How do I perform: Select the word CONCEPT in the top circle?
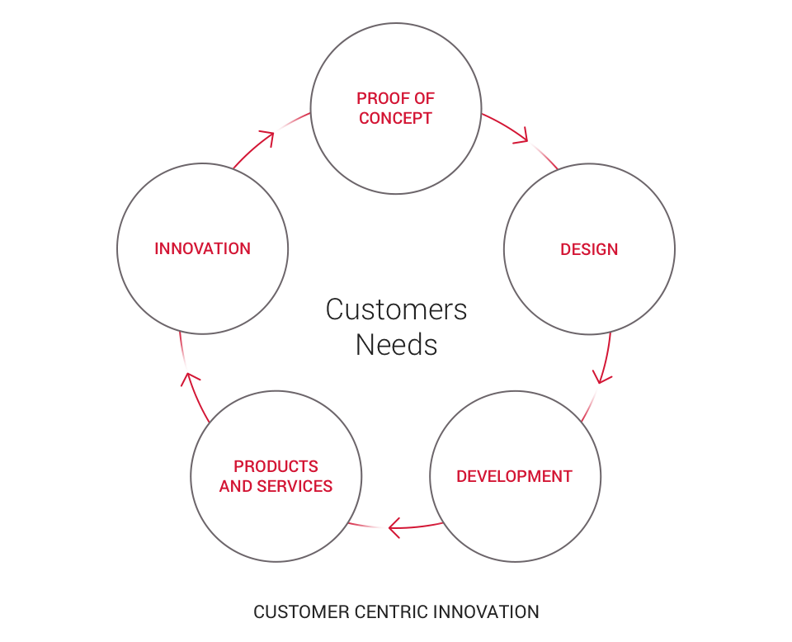coord(396,118)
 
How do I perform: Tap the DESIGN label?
coord(589,249)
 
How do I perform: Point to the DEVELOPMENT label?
coord(514,476)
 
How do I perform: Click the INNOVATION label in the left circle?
coord(202,248)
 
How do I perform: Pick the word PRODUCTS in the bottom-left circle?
coord(276,466)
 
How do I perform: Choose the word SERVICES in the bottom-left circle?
coord(295,486)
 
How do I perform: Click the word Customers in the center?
coord(396,309)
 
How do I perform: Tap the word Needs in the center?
coord(396,344)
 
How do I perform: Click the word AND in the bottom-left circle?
coord(236,486)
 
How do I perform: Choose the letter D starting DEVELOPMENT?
coord(462,476)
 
